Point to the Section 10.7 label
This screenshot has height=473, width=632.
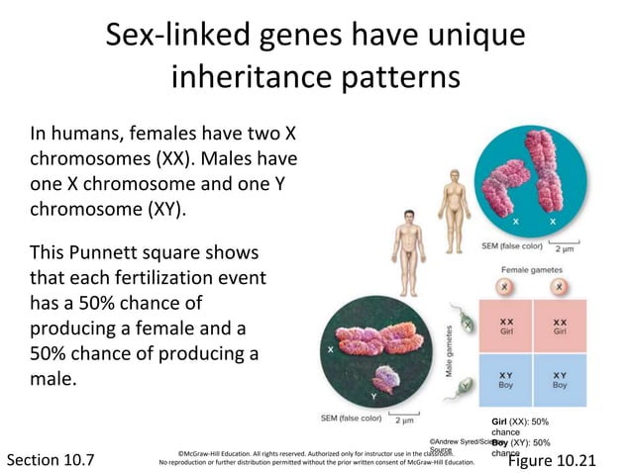(x=52, y=460)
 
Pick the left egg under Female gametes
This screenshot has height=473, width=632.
(x=505, y=287)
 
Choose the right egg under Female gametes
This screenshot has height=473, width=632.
(x=560, y=287)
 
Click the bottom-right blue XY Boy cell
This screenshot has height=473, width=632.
(x=560, y=381)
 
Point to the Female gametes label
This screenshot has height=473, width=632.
(x=532, y=268)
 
